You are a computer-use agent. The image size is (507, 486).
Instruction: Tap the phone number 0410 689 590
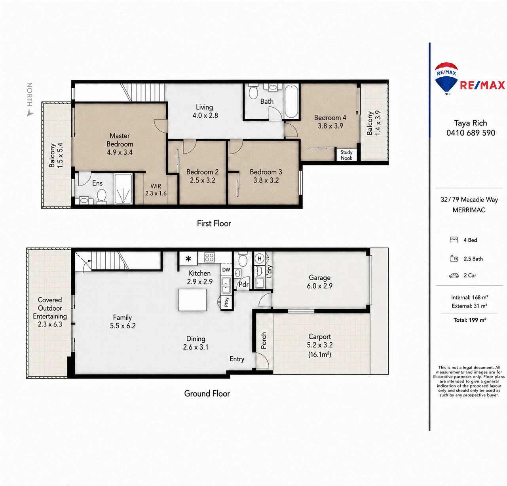pyautogui.click(x=471, y=133)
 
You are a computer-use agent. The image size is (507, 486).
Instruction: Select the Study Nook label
pyautogui.click(x=346, y=155)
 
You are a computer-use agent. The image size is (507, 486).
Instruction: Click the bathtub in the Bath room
pyautogui.click(x=291, y=101)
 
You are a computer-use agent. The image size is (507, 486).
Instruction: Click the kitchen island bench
pyautogui.click(x=192, y=300)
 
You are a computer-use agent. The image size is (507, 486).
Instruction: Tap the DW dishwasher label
pyautogui.click(x=226, y=270)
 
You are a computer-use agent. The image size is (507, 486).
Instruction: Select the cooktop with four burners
pyautogui.click(x=209, y=257)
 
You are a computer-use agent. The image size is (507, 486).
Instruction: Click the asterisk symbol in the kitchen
pyautogui.click(x=188, y=259)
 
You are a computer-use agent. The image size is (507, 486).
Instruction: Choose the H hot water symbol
pyautogui.click(x=259, y=258)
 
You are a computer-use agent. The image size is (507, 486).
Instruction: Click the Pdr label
pyautogui.click(x=243, y=284)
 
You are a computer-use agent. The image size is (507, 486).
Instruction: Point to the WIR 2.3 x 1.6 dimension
pyautogui.click(x=156, y=193)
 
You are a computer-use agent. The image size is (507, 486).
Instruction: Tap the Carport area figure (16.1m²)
pyautogui.click(x=319, y=354)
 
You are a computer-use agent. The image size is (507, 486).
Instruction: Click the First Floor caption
pyautogui.click(x=214, y=223)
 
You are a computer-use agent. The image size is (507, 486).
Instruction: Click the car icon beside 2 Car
pyautogui.click(x=454, y=275)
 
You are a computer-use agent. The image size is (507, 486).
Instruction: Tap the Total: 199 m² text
pyautogui.click(x=470, y=320)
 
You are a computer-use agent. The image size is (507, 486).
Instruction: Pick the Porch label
pyautogui.click(x=264, y=340)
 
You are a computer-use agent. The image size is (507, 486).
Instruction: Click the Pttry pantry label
pyautogui.click(x=226, y=302)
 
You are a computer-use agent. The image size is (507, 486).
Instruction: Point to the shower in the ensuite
pyautogui.click(x=123, y=189)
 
